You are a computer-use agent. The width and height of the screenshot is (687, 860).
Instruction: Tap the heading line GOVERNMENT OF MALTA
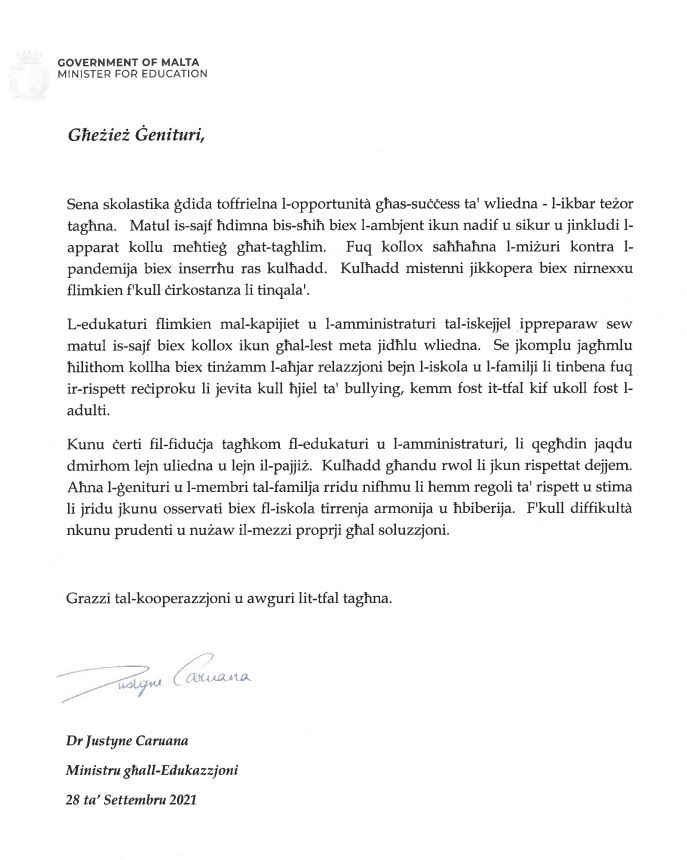pyautogui.click(x=132, y=61)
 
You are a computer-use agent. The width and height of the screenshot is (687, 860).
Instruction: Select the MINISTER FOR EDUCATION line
pyautogui.click(x=132, y=73)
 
